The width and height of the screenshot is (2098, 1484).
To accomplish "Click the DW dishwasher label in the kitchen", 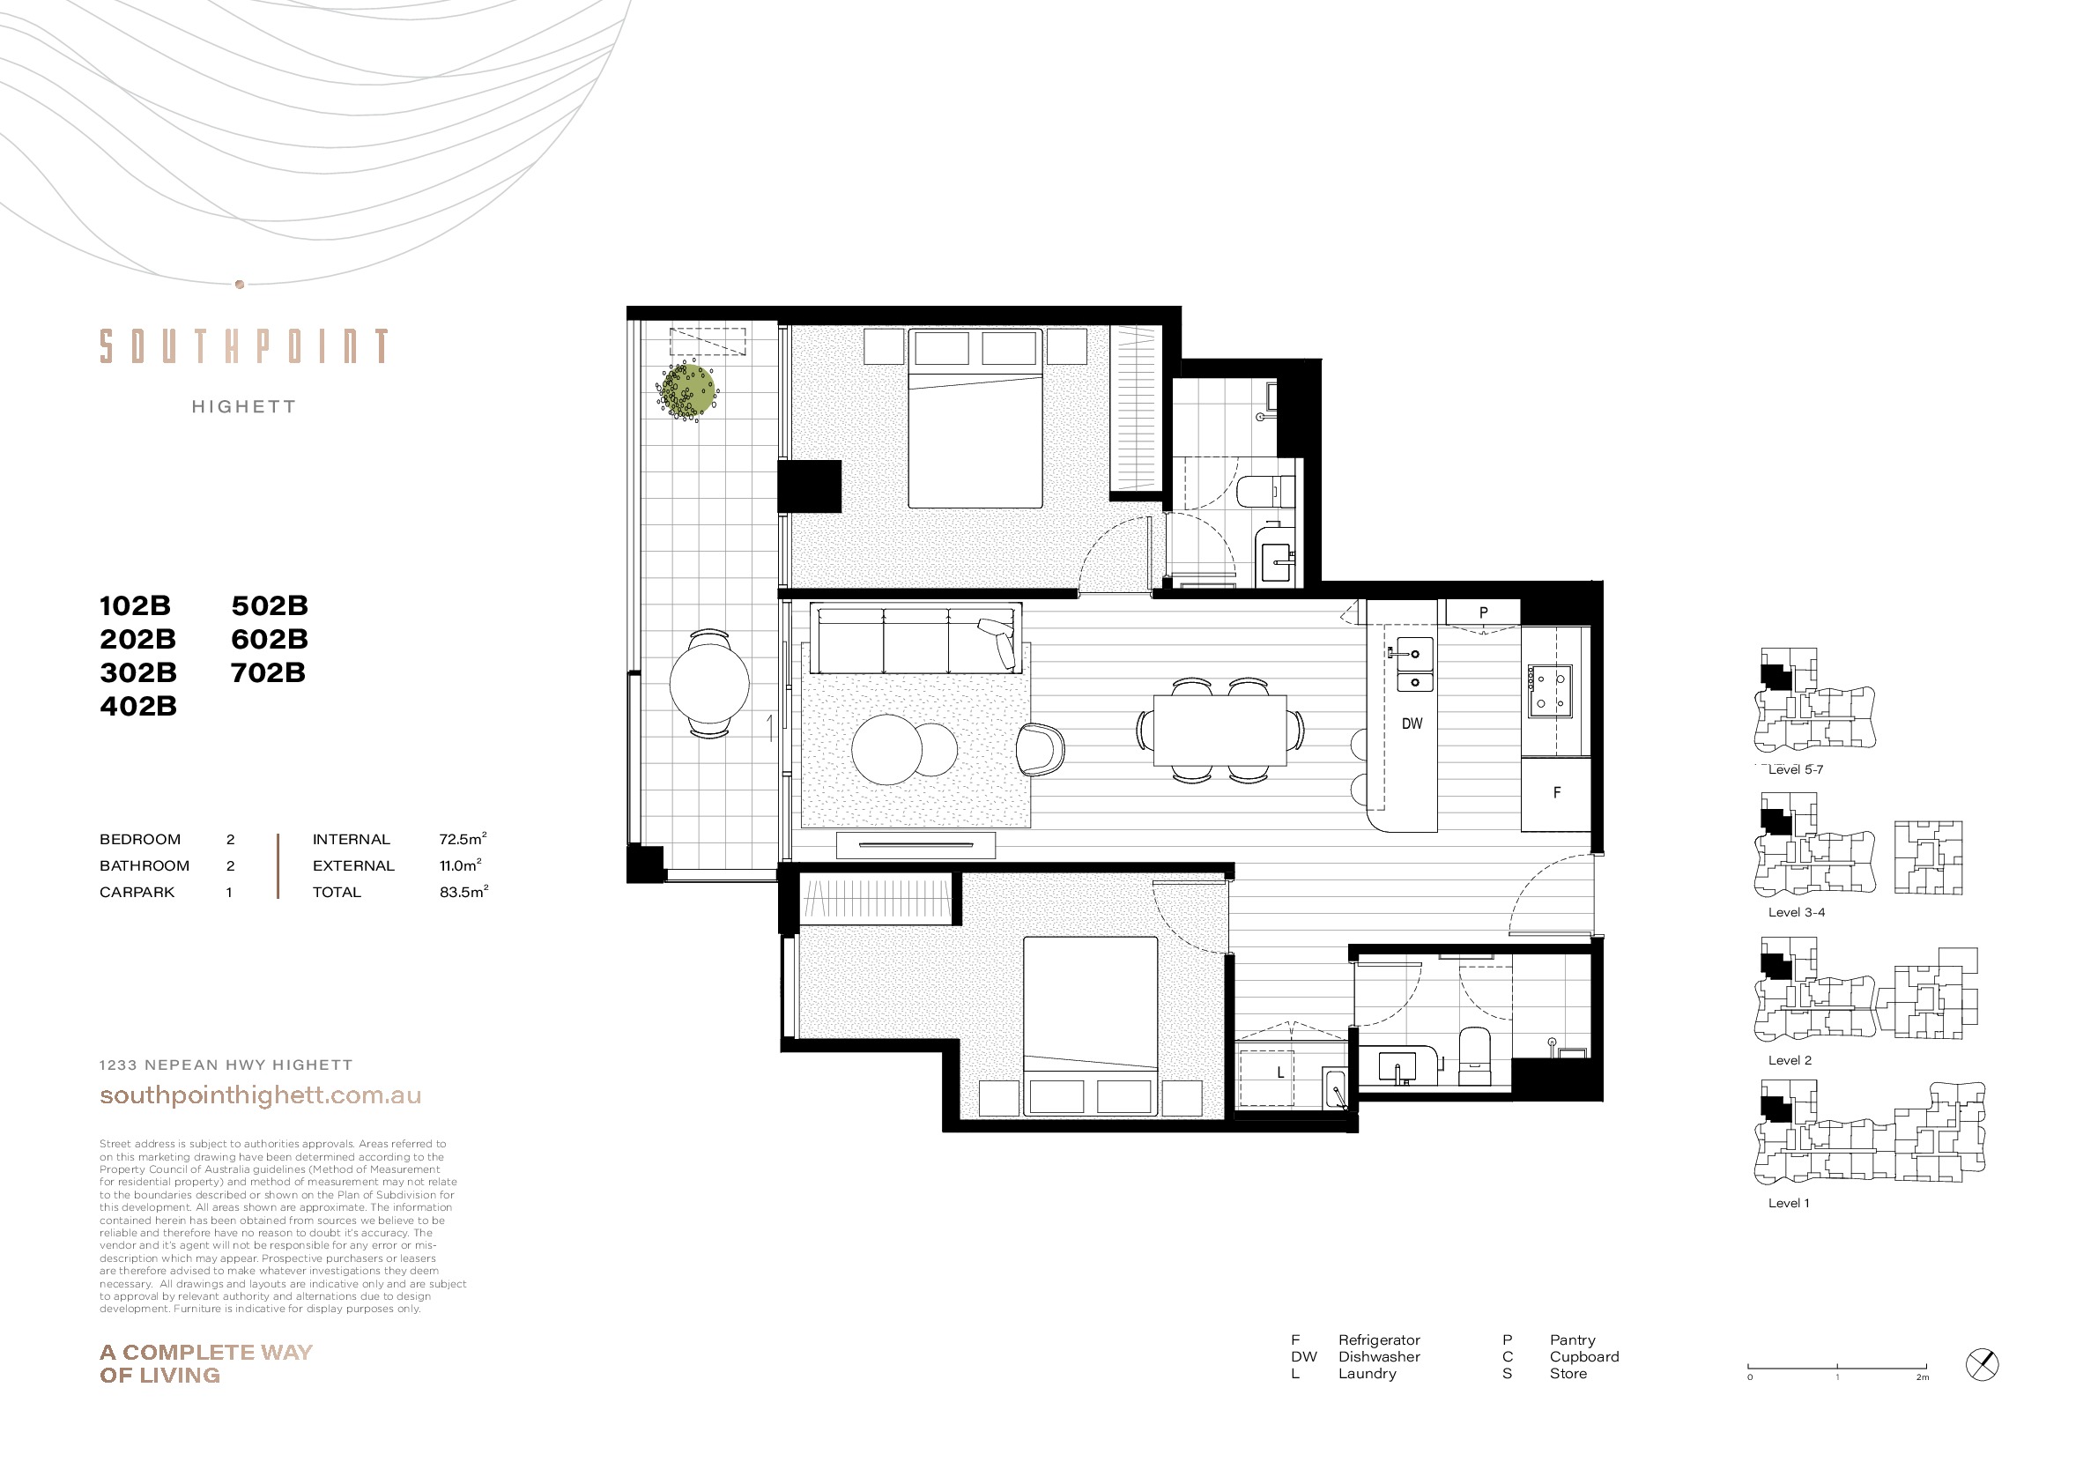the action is click(x=1412, y=723).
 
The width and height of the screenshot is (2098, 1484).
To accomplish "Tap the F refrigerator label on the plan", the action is click(x=1557, y=793).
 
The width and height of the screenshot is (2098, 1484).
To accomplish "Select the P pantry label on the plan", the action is click(x=1483, y=613).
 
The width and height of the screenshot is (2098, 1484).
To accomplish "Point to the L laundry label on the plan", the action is click(x=1280, y=1072).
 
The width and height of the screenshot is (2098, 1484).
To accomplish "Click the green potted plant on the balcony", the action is click(x=687, y=390).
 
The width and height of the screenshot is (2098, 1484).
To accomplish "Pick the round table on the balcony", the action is click(x=709, y=683).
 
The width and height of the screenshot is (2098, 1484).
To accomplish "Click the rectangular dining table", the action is click(x=1220, y=731).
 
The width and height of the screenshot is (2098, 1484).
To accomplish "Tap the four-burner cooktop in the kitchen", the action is click(x=1550, y=691).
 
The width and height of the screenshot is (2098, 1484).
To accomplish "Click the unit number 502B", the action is click(x=270, y=605).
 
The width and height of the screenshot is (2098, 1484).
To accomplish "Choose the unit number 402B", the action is click(x=138, y=707).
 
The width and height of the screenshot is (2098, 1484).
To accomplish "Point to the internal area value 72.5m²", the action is click(x=463, y=839).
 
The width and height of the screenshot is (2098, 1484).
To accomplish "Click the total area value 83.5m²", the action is click(x=463, y=892).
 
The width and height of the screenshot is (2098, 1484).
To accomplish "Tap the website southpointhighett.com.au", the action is click(x=261, y=1095).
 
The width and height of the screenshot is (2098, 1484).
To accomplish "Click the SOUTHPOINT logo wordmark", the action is click(x=244, y=346).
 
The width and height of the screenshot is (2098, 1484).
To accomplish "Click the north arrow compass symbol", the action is click(x=1982, y=1365).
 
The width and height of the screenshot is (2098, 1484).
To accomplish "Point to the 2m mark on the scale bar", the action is click(x=1923, y=1377).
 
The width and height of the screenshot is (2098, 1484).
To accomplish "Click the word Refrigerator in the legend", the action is click(x=1379, y=1339).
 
